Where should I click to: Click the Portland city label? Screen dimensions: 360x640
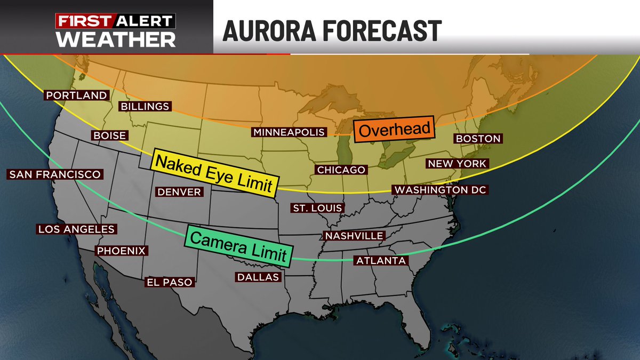77,95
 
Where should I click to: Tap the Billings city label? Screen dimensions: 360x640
145,107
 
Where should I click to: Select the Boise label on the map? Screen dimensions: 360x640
109,135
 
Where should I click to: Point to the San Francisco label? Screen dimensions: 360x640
54,174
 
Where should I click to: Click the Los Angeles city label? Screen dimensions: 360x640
76,229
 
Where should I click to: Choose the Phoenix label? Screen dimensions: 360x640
121,251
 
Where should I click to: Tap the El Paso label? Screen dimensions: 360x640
169,282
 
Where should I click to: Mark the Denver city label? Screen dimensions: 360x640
179,192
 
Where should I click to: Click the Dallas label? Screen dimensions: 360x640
259,277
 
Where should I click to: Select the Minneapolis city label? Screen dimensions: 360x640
289,132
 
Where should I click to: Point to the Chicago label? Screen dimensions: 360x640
341,170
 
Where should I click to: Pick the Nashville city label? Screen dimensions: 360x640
354,236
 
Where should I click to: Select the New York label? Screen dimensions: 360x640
458,163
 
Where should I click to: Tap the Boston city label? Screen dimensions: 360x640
478,139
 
